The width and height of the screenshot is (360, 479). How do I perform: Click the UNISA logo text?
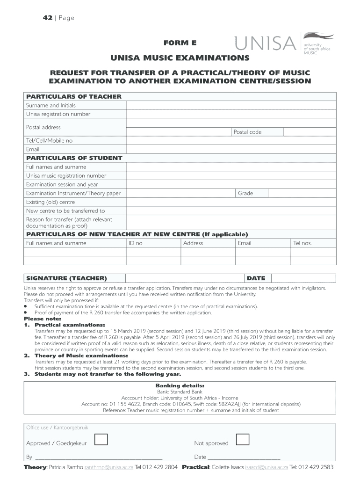(x=264, y=45)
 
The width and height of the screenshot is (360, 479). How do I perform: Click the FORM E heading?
(x=180, y=43)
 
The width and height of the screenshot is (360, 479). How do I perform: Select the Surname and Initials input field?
(x=231, y=105)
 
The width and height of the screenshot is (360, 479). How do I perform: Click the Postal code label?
(x=247, y=132)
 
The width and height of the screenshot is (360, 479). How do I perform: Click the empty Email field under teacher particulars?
(x=231, y=149)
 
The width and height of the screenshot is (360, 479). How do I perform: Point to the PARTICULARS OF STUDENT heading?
(x=74, y=158)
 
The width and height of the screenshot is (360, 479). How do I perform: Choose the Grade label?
(x=245, y=193)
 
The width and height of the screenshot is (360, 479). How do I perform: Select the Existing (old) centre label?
(x=50, y=202)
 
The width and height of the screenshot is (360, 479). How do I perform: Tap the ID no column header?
(x=136, y=243)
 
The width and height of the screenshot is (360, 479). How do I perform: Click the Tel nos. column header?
(x=302, y=243)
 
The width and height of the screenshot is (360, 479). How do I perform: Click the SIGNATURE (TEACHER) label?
(x=66, y=278)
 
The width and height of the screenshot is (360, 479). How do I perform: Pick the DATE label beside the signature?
(x=256, y=278)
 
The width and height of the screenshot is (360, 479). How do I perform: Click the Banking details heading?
(x=180, y=386)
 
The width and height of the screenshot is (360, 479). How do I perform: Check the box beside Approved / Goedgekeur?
(x=101, y=439)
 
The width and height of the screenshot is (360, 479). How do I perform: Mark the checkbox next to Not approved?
(x=243, y=439)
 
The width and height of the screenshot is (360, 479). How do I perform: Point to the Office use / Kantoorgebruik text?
(x=57, y=428)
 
